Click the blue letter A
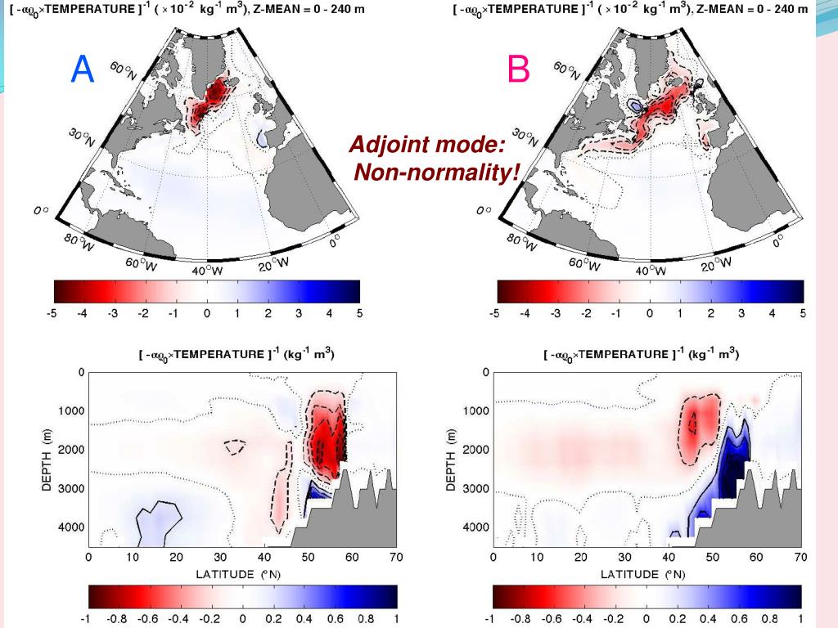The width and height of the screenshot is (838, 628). (83, 70)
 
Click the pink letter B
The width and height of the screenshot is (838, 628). (519, 70)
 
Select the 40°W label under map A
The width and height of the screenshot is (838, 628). (208, 271)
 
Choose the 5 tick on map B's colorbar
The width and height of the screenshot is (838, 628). (803, 313)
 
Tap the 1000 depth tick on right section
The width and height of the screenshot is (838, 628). (475, 410)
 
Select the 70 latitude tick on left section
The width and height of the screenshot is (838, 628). (395, 558)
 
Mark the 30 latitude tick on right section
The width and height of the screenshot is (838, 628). (624, 558)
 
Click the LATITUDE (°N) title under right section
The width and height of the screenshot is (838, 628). (647, 574)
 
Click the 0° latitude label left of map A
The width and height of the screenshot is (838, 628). (42, 210)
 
